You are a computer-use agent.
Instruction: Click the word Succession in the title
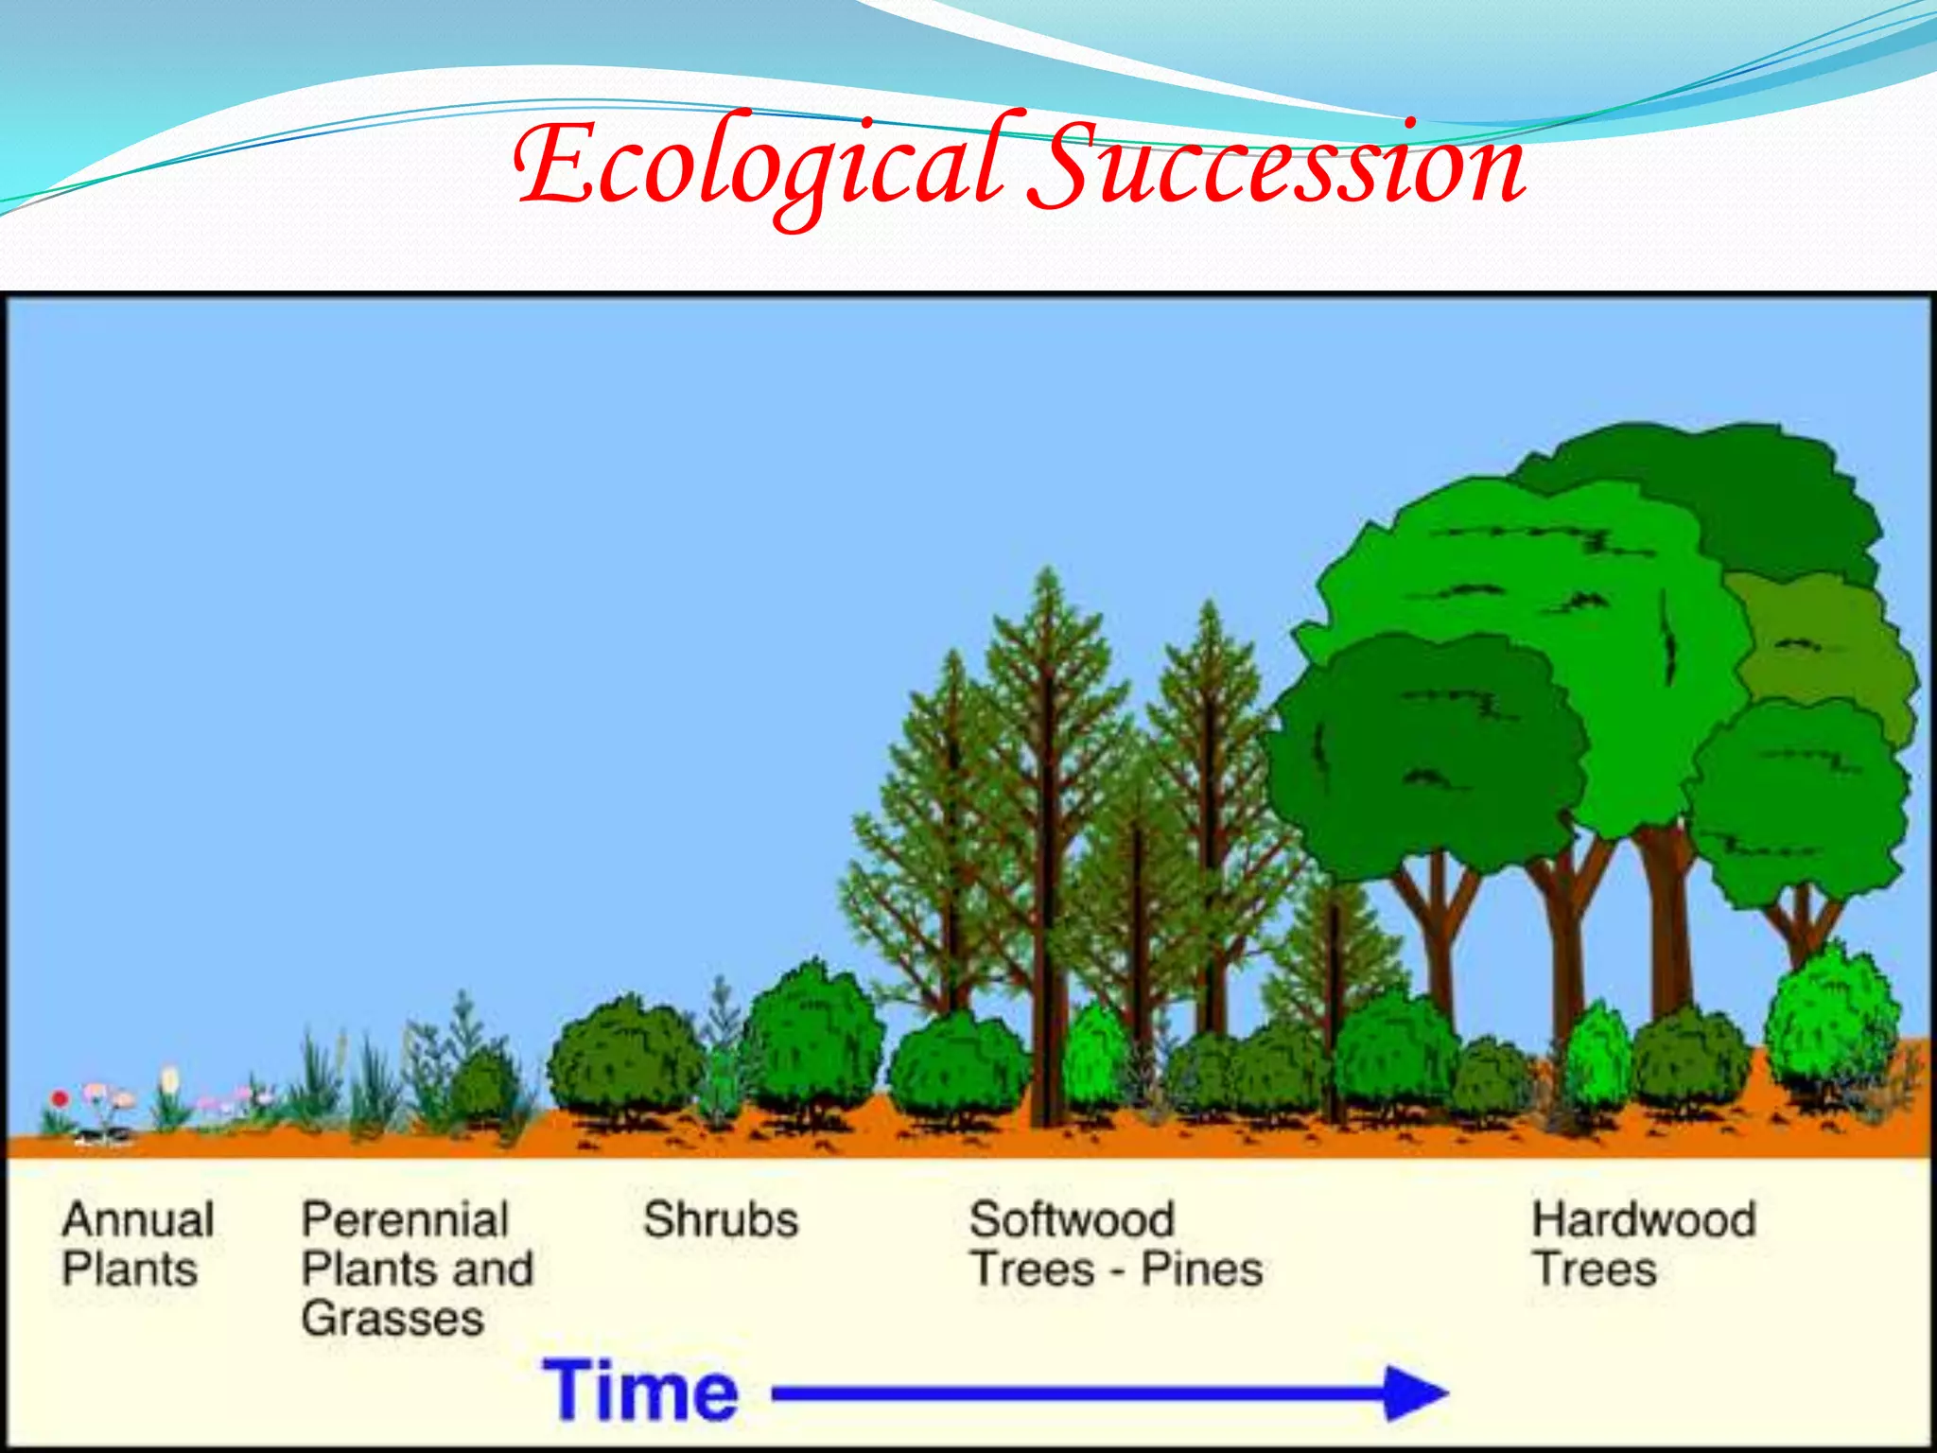(x=1277, y=166)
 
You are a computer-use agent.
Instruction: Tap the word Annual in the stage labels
(x=138, y=1219)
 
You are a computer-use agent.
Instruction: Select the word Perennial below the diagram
(x=405, y=1219)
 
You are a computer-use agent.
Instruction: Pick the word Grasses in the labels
(x=393, y=1318)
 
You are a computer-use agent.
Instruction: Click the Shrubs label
(x=721, y=1219)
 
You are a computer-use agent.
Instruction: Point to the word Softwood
(x=1072, y=1219)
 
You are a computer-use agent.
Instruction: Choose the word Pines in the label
(x=1202, y=1269)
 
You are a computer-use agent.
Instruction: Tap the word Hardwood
(x=1644, y=1219)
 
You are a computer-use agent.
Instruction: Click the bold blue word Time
(x=640, y=1391)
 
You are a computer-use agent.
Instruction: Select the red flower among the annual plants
(x=60, y=1099)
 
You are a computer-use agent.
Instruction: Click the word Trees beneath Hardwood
(x=1595, y=1269)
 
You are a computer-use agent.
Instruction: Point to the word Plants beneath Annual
(x=130, y=1269)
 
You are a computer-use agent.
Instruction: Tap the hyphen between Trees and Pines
(x=1117, y=1270)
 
